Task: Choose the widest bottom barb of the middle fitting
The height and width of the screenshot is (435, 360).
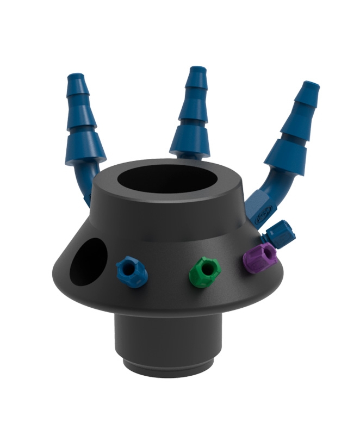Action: click(190, 142)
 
